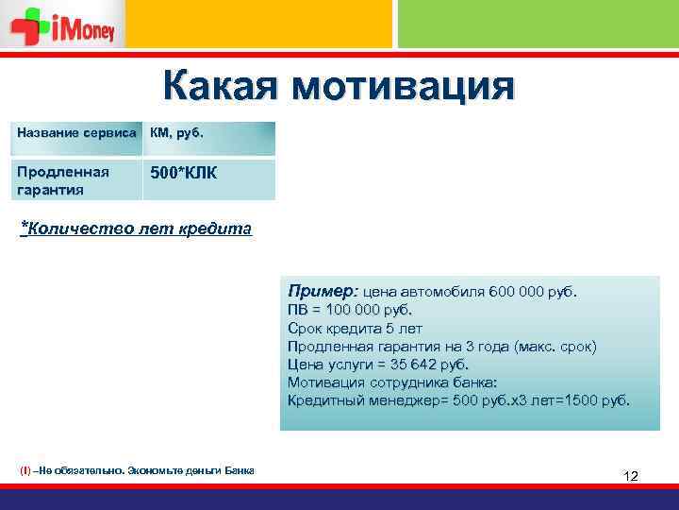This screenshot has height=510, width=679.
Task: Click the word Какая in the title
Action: point(221,87)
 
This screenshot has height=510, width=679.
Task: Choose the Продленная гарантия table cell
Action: point(63,180)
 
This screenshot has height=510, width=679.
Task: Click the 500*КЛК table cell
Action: point(183,173)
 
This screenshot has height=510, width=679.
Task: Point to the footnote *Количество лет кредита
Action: point(136,229)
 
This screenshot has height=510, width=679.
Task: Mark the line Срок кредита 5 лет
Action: point(355,328)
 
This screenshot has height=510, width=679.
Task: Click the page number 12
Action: point(631,476)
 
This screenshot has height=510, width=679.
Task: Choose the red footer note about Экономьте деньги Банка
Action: point(137,470)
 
